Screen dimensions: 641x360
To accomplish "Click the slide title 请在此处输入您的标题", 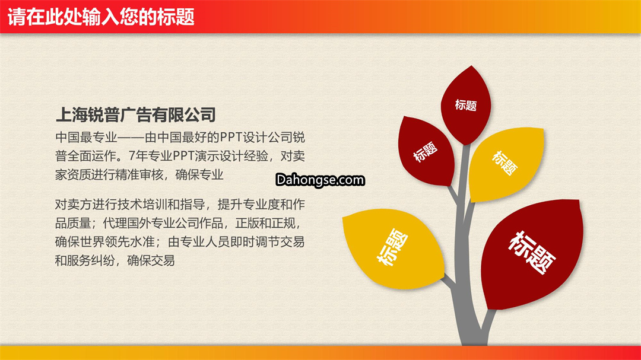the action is point(100,17).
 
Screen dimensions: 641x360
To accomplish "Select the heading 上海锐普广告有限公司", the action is point(136,114).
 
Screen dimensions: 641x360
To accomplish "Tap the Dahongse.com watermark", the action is point(320,180).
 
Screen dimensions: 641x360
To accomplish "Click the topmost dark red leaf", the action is point(466,105).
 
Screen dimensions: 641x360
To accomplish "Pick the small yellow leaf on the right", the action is point(506,164).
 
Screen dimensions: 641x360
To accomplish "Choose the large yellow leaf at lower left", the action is point(394,248).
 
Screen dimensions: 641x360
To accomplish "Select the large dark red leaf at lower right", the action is point(531,253).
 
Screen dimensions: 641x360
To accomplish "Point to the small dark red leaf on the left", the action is point(426,151).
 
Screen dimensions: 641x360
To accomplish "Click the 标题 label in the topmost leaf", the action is point(466,105).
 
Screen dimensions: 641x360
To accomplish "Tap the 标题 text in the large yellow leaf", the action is point(392,247).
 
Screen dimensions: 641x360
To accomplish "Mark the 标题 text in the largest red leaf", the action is point(532,252).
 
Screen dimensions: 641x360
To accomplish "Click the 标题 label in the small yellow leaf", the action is point(505,163).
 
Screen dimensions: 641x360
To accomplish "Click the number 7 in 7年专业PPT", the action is point(132,156).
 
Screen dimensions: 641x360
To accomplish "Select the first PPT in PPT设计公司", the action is point(231,138).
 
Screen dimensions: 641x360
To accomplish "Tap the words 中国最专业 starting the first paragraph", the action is point(86,138).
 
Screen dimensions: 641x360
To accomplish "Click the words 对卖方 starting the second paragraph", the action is point(74,204).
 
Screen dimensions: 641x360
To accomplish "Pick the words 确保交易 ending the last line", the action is point(151,260).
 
